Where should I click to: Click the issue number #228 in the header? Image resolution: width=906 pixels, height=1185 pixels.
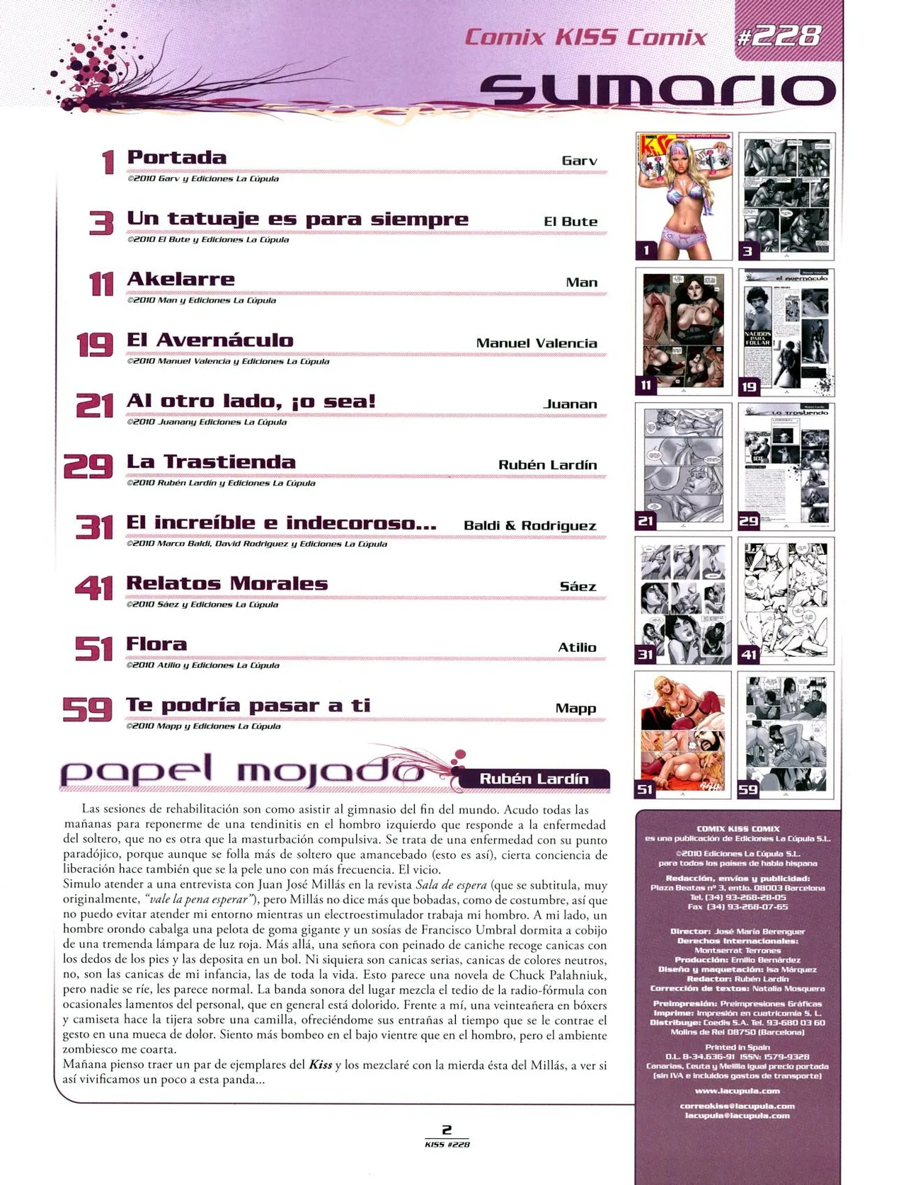[779, 35]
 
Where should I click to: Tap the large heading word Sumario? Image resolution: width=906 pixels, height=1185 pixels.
[658, 91]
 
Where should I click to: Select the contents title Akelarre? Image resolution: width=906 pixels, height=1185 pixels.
[180, 280]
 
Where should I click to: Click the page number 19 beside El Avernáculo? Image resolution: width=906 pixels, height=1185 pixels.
[95, 345]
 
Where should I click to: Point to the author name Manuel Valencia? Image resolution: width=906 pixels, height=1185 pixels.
[537, 343]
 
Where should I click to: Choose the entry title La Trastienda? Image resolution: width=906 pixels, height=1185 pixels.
[211, 462]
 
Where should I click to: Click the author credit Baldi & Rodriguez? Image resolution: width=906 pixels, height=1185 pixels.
[530, 526]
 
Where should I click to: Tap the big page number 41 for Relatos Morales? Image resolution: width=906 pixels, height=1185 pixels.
[94, 588]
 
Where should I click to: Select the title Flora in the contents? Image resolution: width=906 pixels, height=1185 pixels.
[156, 644]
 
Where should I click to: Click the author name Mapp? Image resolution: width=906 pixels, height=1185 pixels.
[575, 709]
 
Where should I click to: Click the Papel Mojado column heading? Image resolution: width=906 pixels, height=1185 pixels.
[241, 773]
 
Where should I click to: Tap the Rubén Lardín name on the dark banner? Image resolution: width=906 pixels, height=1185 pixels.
[534, 779]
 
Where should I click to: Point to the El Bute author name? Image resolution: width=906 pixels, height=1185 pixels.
[570, 222]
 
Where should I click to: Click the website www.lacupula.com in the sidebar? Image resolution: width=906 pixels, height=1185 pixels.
[737, 1091]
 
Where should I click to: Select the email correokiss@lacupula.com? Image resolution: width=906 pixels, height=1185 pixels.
[737, 1106]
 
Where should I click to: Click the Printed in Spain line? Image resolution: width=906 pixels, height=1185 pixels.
[737, 1047]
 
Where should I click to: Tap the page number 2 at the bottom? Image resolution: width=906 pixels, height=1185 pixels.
[447, 1130]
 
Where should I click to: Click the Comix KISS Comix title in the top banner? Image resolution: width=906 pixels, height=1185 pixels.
[585, 38]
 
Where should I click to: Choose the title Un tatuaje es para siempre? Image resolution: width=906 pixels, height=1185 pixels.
[297, 219]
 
